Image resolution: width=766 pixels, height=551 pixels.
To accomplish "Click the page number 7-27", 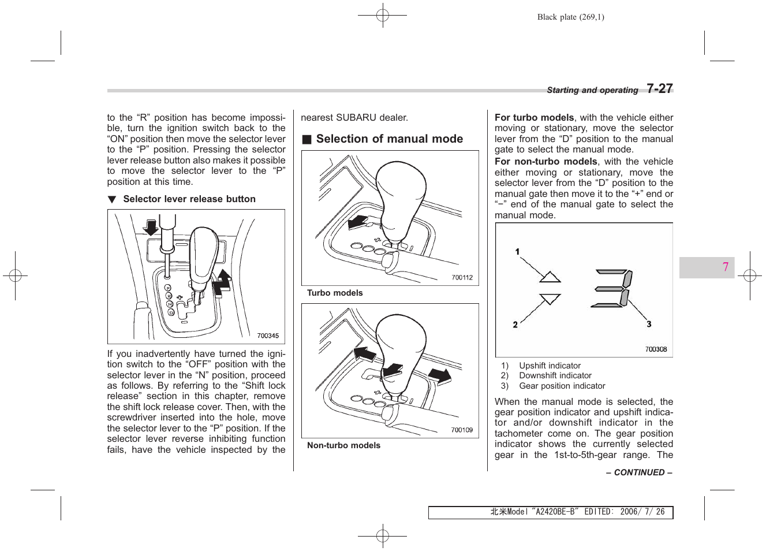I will [659, 88].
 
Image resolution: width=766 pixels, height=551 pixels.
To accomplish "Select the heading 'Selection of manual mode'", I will [389, 139].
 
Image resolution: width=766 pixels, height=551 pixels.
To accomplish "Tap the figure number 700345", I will [268, 336].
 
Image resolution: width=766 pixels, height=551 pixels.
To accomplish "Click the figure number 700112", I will [462, 278].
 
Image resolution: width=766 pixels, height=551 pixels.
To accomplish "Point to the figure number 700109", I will [462, 430].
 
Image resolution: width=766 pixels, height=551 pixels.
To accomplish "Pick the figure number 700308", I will [656, 349].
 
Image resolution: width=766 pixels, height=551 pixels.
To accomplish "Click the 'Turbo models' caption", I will [335, 293].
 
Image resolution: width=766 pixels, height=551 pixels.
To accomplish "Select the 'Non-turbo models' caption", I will [343, 445].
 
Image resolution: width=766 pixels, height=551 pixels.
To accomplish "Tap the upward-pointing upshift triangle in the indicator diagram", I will [550, 277].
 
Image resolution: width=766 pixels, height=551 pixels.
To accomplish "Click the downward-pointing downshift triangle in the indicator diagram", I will [550, 299].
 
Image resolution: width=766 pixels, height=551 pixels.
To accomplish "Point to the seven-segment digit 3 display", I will [613, 288].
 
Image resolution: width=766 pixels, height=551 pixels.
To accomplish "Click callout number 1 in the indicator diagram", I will [517, 252].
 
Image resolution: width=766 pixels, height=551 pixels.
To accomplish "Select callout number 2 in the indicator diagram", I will [515, 325].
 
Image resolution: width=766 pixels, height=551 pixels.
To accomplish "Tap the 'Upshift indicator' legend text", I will [550, 366].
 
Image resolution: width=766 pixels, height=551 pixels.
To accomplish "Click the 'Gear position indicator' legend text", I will [562, 386].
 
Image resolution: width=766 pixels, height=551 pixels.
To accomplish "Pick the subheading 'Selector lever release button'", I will [189, 199].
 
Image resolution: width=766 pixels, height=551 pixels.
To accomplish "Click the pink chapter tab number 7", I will [726, 267].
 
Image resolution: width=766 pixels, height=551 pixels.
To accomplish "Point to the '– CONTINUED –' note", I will [639, 472].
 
